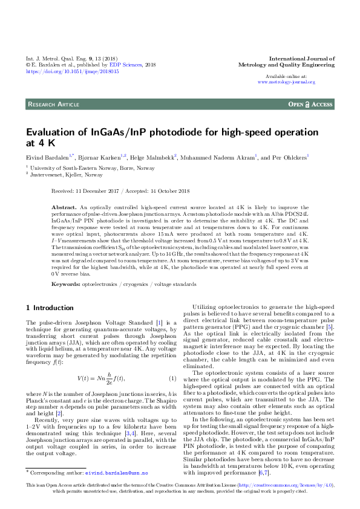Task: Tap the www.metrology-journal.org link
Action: click(290, 82)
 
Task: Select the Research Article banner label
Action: click(54, 105)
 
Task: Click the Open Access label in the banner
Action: click(310, 105)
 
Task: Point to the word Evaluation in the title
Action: click(52, 132)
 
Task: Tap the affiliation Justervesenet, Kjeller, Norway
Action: click(58, 174)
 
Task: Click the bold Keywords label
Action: click(66, 283)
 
